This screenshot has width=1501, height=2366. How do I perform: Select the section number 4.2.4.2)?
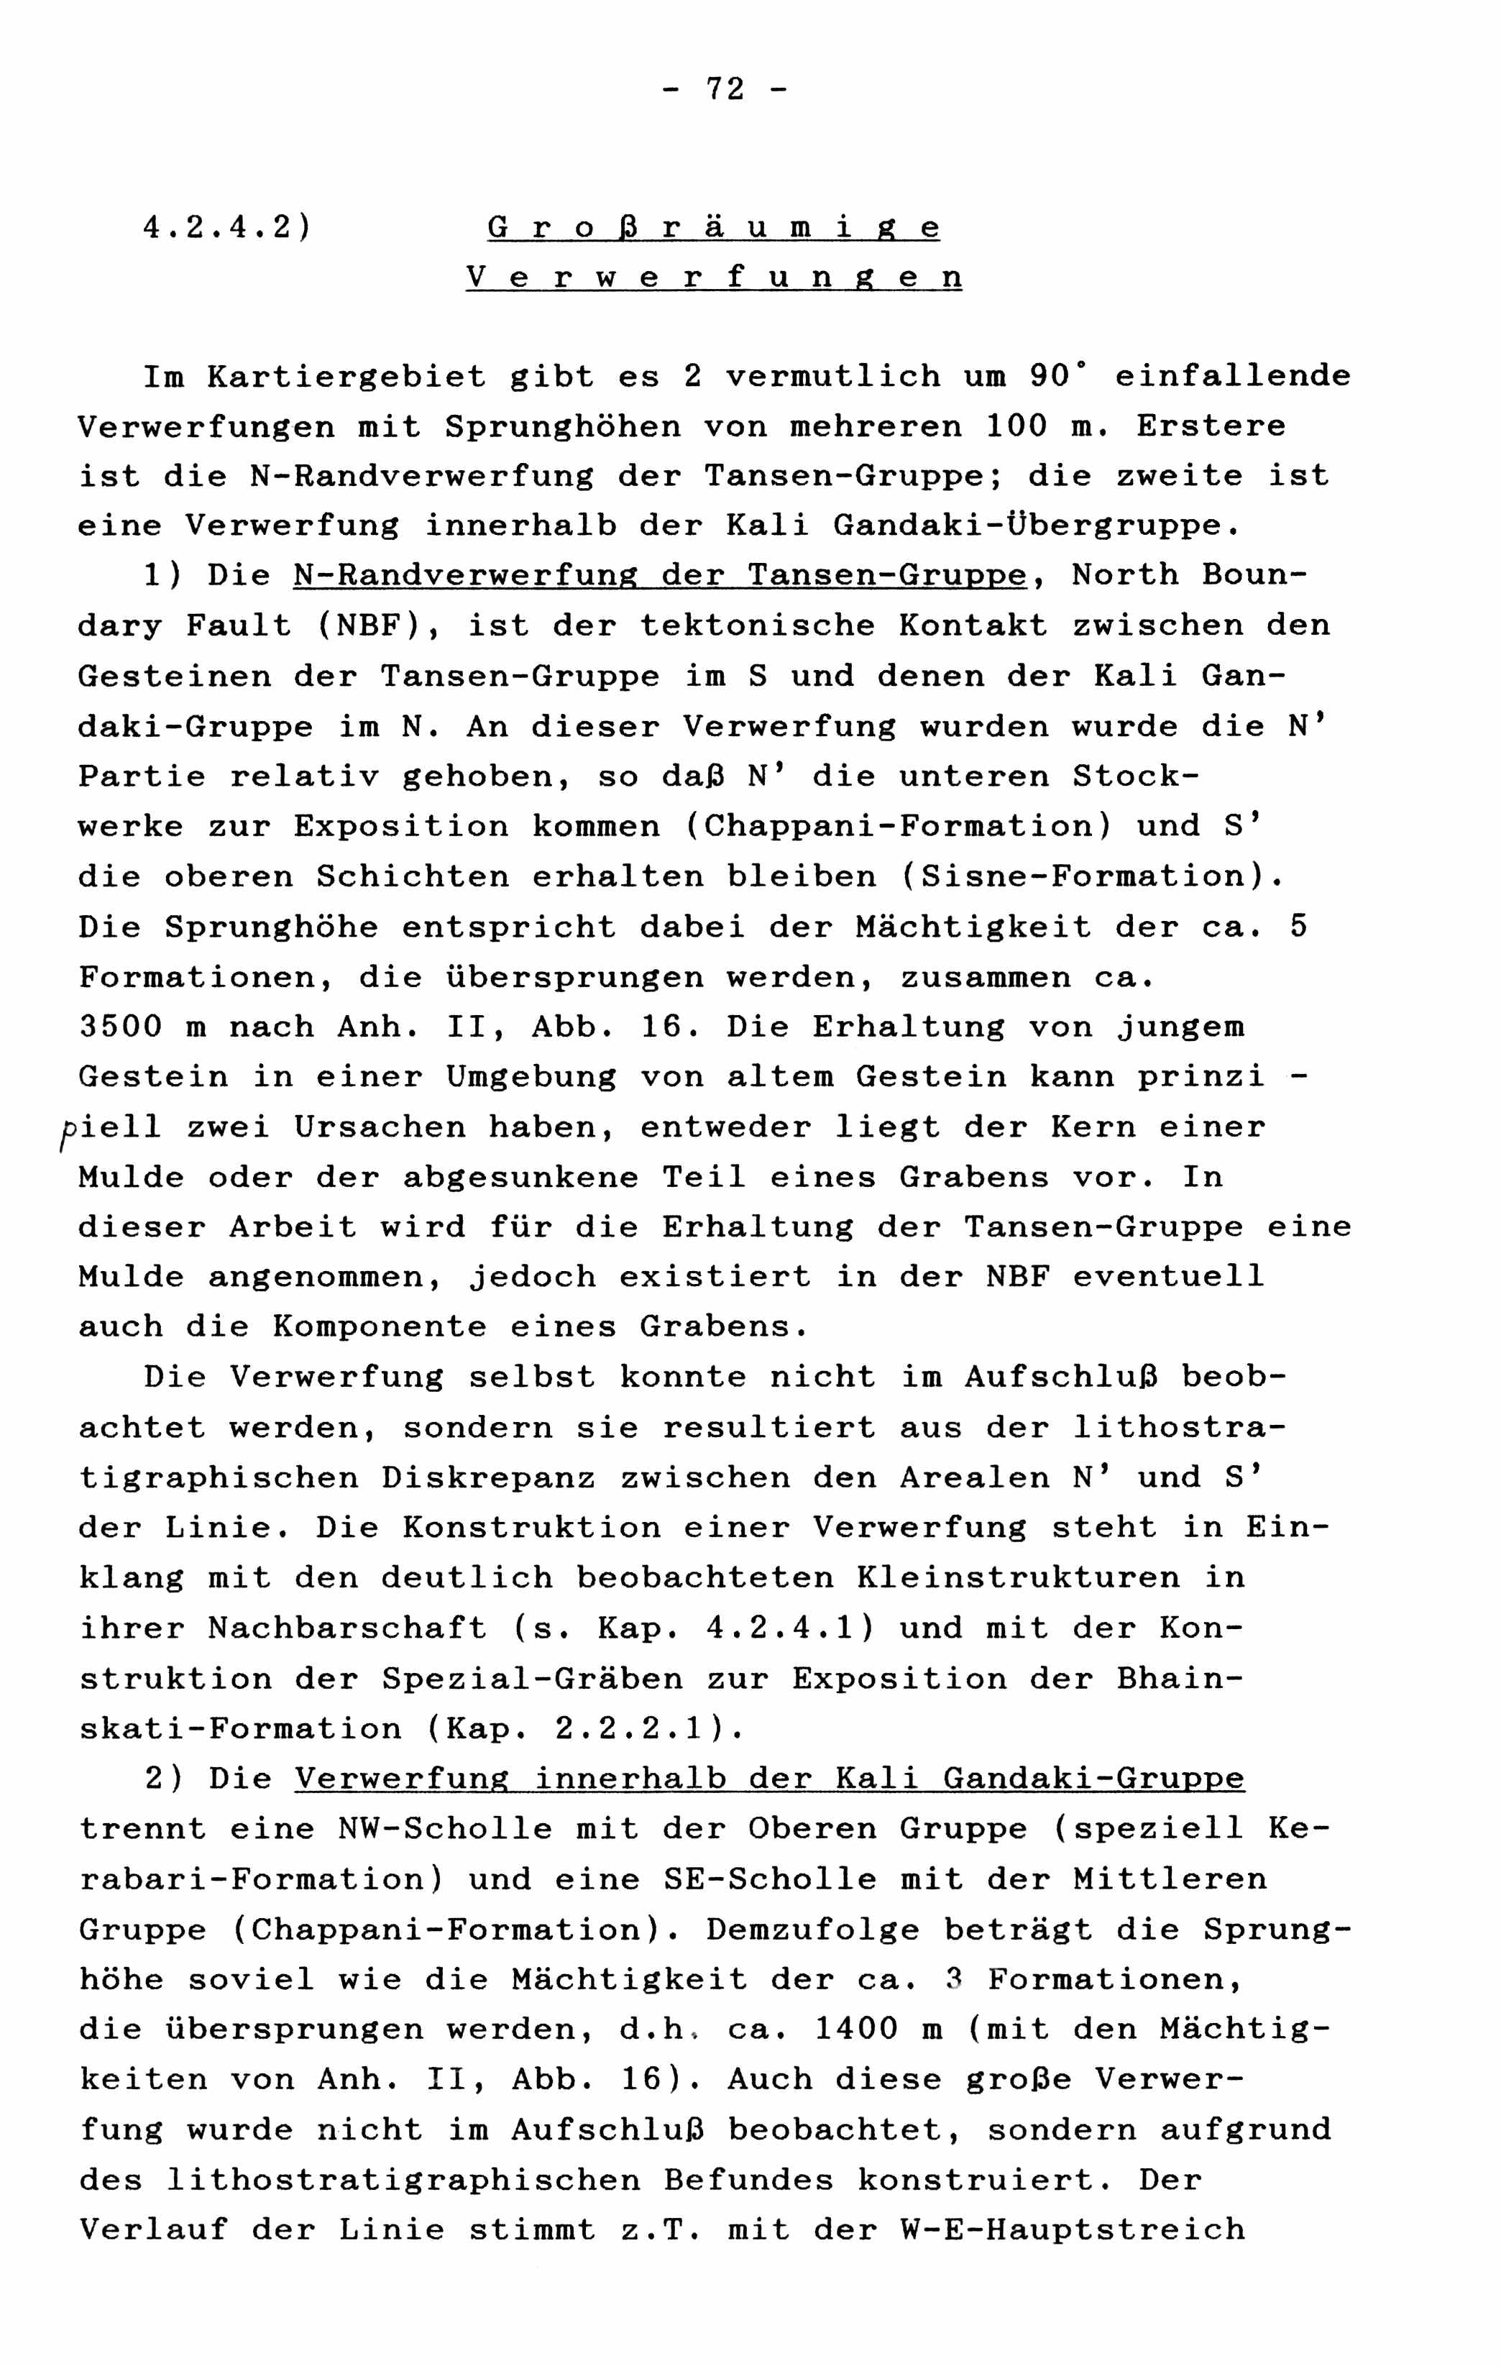pos(226,228)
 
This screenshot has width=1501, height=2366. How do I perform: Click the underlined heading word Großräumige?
pos(713,228)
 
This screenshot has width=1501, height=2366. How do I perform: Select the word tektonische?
pos(756,626)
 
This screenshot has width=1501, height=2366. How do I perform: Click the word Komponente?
pos(379,1327)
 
